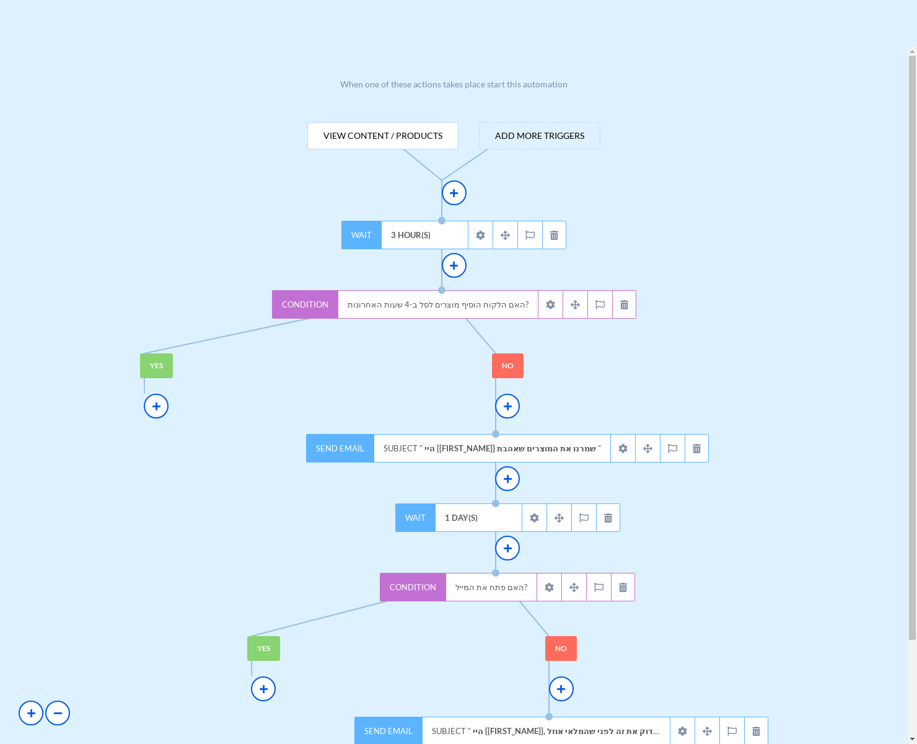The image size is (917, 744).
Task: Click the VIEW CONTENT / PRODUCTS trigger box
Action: [x=383, y=136]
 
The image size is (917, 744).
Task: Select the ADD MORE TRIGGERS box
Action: [x=540, y=136]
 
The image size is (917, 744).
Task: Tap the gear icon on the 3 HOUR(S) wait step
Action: [x=480, y=235]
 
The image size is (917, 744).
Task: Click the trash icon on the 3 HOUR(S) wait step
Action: [x=554, y=235]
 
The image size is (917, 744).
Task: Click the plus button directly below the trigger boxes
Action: [x=454, y=193]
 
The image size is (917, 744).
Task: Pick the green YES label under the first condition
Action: [x=156, y=366]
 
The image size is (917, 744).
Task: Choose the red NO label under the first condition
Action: [x=507, y=366]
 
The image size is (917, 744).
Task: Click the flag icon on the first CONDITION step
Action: [x=600, y=304]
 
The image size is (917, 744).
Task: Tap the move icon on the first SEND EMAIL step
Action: [x=647, y=448]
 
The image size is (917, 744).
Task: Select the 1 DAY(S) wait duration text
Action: [x=461, y=518]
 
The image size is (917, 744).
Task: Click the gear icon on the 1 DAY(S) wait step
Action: [x=534, y=518]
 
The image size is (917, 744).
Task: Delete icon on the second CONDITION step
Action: [x=623, y=587]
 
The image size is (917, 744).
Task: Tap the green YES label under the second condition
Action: [x=263, y=649]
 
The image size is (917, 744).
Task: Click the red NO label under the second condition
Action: [x=561, y=649]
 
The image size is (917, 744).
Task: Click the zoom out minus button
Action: [x=58, y=713]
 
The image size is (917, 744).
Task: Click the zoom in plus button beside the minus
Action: [x=31, y=713]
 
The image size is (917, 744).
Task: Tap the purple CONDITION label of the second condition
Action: [x=413, y=587]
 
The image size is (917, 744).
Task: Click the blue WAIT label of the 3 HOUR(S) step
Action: [x=361, y=235]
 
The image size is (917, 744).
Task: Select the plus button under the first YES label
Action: [x=156, y=406]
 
